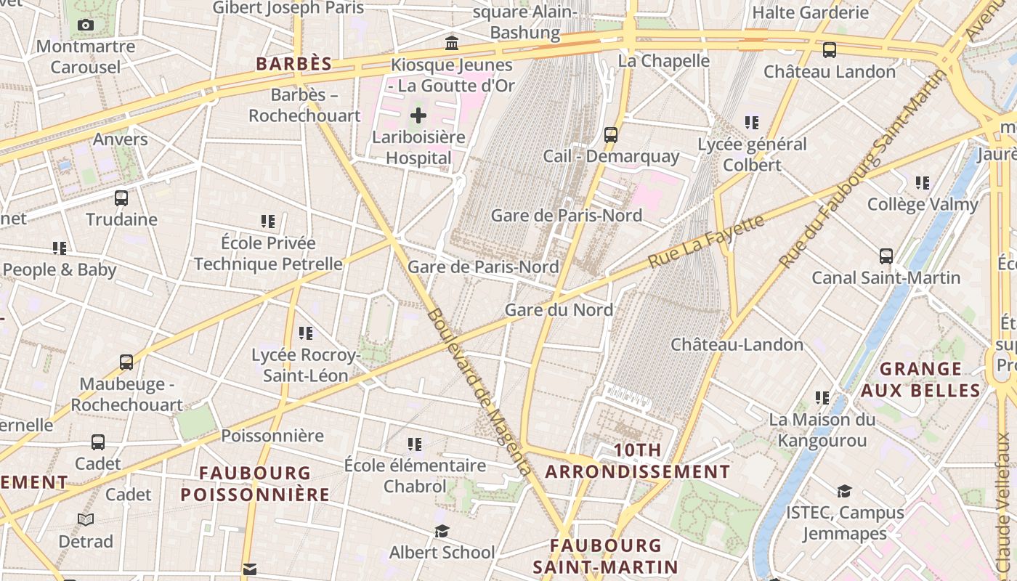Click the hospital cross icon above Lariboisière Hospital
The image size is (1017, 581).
418,115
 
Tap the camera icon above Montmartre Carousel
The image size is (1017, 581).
86,25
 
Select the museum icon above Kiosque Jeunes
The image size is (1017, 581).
452,43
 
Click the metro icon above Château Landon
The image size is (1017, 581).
829,50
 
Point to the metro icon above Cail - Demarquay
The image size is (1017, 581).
611,134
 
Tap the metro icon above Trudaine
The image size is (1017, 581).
121,198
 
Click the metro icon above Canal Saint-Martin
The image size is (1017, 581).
886,256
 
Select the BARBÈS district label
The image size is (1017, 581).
293,64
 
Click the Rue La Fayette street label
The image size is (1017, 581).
705,240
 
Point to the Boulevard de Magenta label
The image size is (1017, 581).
479,392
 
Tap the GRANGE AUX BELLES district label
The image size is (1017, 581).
920,380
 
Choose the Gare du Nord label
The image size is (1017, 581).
559,310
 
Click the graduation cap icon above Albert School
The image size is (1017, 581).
442,531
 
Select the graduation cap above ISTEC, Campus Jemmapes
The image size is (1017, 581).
844,492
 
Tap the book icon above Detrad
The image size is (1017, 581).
86,519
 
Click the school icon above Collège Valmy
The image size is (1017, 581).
923,182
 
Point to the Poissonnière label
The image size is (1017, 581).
272,436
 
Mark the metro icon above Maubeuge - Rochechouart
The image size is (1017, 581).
126,362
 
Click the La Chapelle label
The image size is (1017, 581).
663,61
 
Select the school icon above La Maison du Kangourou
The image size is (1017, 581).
822,397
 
